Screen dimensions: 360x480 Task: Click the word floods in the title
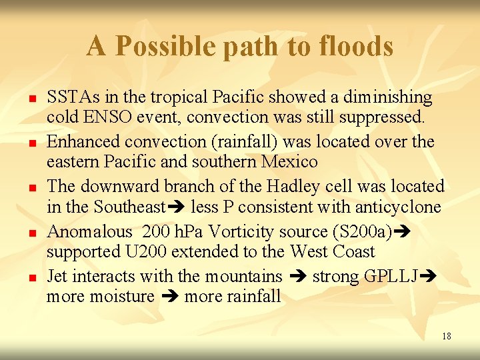pos(356,46)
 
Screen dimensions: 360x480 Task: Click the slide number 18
pos(446,336)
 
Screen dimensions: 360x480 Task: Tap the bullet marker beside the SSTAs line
pos(31,99)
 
